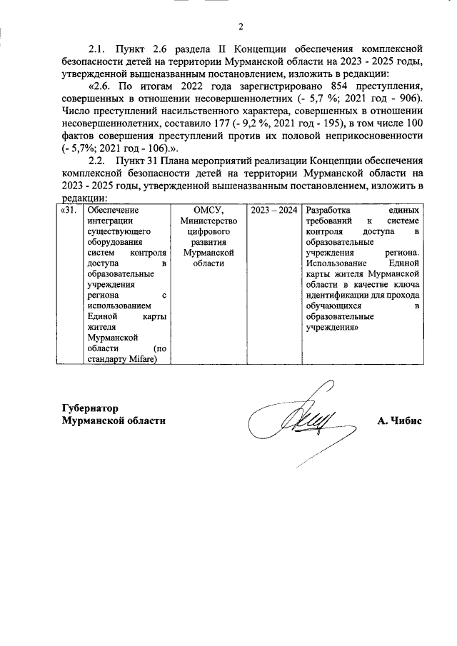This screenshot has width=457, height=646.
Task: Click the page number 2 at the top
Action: point(241,27)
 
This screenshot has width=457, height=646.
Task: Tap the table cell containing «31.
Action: point(69,211)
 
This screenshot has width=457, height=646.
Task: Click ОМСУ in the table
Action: point(209,211)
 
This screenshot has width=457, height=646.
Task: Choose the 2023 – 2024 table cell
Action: point(274,211)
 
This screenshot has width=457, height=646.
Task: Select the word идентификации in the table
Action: point(342,295)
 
